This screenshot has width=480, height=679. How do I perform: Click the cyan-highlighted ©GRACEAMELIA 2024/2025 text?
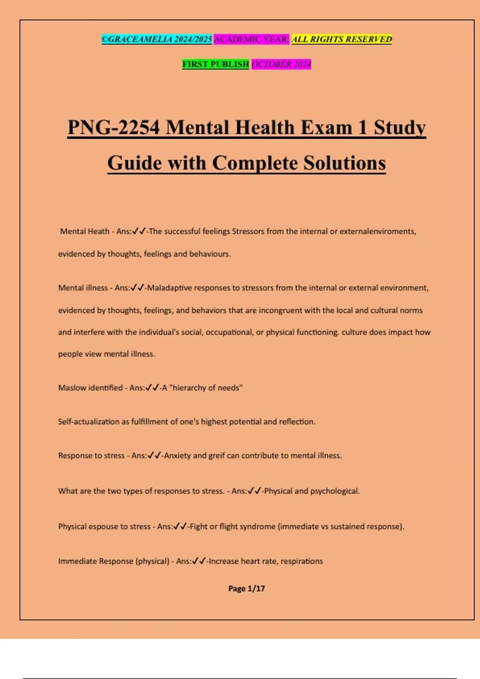click(x=157, y=39)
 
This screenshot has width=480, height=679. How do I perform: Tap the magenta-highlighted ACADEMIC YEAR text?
click(x=251, y=39)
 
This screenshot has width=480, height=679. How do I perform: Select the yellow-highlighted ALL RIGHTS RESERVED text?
click(x=342, y=39)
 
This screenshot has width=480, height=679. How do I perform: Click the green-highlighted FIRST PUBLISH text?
click(x=216, y=64)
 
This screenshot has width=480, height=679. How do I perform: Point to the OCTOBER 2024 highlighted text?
click(x=281, y=64)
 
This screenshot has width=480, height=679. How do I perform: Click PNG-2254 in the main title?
click(x=114, y=128)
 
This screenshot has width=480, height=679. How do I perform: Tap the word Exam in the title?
click(x=326, y=128)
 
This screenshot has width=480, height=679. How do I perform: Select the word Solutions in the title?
click(x=344, y=163)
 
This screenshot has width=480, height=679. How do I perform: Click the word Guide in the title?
click(x=134, y=163)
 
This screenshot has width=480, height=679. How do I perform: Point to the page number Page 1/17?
click(x=246, y=588)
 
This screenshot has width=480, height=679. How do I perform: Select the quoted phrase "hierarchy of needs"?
click(x=206, y=388)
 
